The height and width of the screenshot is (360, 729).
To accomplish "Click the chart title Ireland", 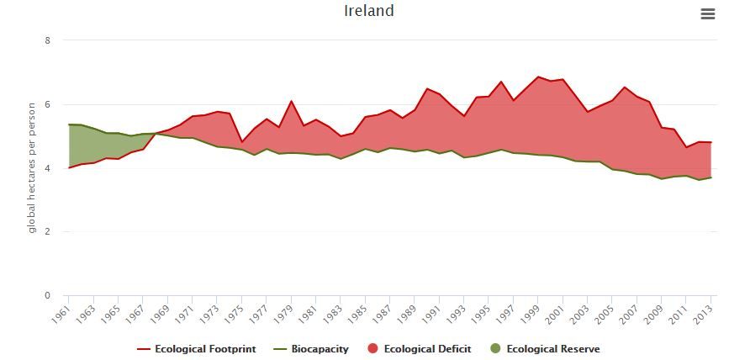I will [x=368, y=11].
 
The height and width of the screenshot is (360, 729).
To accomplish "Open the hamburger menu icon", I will [x=707, y=13].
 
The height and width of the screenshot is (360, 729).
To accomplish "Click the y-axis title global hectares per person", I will [x=32, y=167].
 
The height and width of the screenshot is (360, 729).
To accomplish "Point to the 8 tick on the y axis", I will [x=47, y=40].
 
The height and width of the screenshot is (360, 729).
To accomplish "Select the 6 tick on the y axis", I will [x=47, y=104].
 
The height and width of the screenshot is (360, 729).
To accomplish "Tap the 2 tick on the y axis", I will [x=47, y=231].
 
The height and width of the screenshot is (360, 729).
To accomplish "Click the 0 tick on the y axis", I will [x=47, y=295].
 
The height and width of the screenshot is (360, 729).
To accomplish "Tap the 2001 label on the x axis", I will [x=553, y=314].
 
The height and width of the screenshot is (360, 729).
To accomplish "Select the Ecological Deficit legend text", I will [x=427, y=348].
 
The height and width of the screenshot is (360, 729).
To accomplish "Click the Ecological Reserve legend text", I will [x=552, y=348].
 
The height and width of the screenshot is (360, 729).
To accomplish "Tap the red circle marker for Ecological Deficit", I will [x=372, y=348].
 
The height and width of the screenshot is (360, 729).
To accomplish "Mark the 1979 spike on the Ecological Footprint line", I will [x=291, y=101].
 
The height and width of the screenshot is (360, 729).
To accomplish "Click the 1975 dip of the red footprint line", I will [x=241, y=141].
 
